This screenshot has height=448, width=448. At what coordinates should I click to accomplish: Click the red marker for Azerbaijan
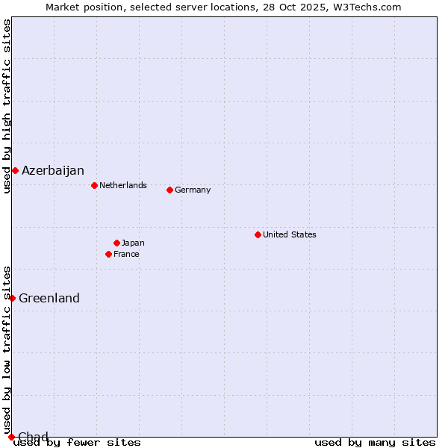click(x=15, y=170)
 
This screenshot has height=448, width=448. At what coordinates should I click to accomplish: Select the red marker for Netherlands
click(x=94, y=185)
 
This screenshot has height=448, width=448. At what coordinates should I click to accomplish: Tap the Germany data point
click(x=169, y=190)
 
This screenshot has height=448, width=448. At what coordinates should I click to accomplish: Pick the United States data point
click(x=258, y=234)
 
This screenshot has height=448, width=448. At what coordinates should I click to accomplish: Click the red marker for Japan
click(x=116, y=243)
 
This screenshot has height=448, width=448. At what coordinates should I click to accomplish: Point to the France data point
click(x=108, y=254)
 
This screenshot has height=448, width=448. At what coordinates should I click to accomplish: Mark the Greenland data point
click(x=12, y=298)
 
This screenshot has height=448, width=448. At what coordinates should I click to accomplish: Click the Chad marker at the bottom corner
click(x=11, y=437)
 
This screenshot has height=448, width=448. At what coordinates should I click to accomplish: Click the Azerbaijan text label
click(x=53, y=170)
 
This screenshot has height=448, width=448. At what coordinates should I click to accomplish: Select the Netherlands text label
click(x=123, y=185)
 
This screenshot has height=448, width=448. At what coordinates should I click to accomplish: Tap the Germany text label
click(x=193, y=190)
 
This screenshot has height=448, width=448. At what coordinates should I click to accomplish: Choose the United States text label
click(x=290, y=234)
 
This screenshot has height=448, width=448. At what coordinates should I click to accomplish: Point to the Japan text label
click(x=133, y=243)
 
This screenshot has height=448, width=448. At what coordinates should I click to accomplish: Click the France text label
click(x=126, y=254)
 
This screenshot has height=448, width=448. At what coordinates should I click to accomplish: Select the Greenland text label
click(x=49, y=298)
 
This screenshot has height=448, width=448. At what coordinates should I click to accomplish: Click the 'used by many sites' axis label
click(x=375, y=442)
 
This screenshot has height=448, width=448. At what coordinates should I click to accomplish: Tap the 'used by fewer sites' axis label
click(x=78, y=442)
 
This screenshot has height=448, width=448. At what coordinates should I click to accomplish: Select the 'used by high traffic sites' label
click(x=7, y=106)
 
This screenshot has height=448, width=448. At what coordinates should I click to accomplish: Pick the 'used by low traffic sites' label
click(x=7, y=349)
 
